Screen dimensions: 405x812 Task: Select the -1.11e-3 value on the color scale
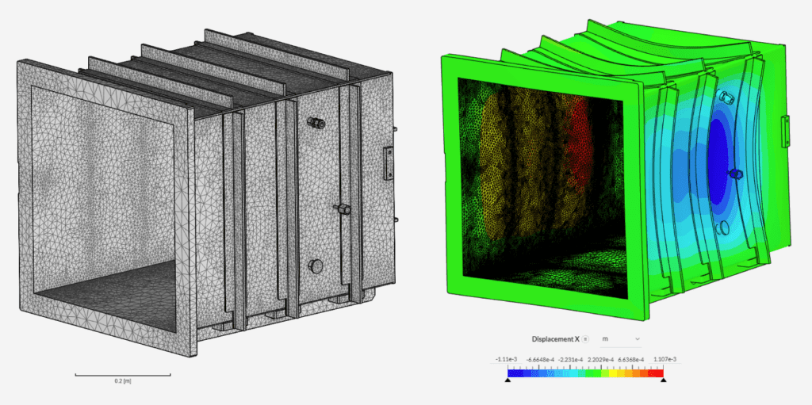pyautogui.click(x=507, y=360)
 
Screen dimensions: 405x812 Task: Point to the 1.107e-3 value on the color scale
pyautogui.click(x=665, y=360)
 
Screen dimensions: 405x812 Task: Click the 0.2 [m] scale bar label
pyautogui.click(x=122, y=381)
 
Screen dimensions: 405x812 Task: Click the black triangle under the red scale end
pyautogui.click(x=664, y=380)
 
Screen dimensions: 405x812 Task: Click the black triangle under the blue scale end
pyautogui.click(x=507, y=380)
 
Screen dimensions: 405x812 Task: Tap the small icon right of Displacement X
pyautogui.click(x=585, y=339)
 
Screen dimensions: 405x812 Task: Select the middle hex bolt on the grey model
pyautogui.click(x=343, y=210)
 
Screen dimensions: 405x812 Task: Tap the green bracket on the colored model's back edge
pyautogui.click(x=785, y=131)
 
